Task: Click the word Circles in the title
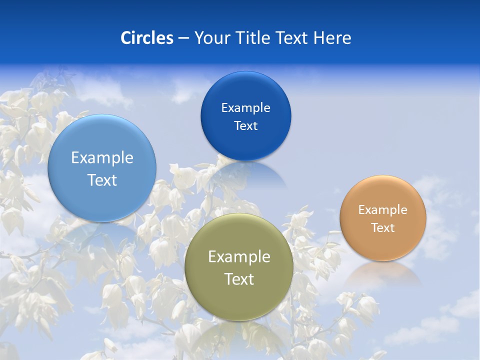pyautogui.click(x=147, y=38)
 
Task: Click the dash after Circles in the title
pyautogui.click(x=183, y=38)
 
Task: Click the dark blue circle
pyautogui.click(x=245, y=142)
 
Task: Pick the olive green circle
pyautogui.click(x=238, y=300)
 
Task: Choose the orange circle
pyautogui.click(x=383, y=245)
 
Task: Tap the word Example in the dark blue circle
pyautogui.click(x=245, y=108)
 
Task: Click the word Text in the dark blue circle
pyautogui.click(x=245, y=126)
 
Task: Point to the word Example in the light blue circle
pyautogui.click(x=102, y=158)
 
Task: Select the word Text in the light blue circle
pyautogui.click(x=102, y=180)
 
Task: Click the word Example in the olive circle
pyautogui.click(x=239, y=257)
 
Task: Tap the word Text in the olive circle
pyautogui.click(x=239, y=279)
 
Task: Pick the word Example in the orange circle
pyautogui.click(x=383, y=210)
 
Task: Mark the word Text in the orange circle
pyautogui.click(x=383, y=228)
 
